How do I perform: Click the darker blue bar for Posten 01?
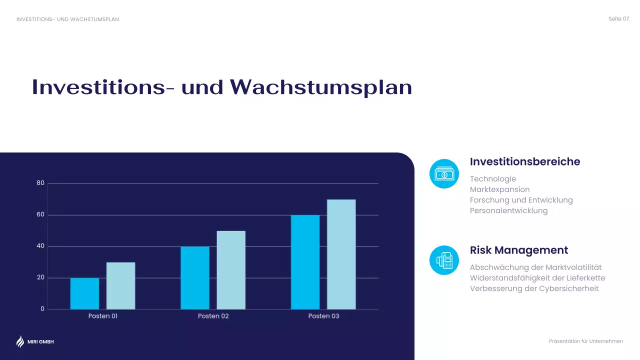coord(84,293)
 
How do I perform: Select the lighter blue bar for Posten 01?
coord(120,285)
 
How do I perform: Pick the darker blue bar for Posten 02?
coord(195,277)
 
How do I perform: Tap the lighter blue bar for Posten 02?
coord(231,270)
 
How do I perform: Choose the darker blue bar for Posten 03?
coord(305,262)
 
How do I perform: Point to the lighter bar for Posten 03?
coord(341,254)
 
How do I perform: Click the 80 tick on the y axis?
coord(40,183)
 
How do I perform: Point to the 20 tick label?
coord(40,277)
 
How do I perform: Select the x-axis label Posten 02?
coord(213,316)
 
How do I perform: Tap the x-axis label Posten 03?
coord(323,316)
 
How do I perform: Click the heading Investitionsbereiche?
coord(525,162)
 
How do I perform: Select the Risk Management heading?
coord(519,250)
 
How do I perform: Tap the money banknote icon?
coord(444,174)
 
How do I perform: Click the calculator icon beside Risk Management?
coord(444,260)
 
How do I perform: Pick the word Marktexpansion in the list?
coord(499,189)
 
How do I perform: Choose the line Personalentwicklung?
coord(508,210)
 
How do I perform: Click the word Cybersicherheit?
coord(569,288)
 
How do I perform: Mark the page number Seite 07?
coord(618,19)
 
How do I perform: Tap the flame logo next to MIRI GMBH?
coord(20,341)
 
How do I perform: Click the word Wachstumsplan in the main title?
coord(321,87)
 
